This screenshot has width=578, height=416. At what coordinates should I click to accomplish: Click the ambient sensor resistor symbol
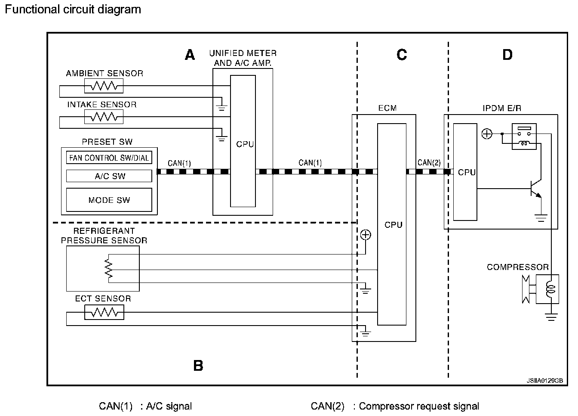click(x=104, y=86)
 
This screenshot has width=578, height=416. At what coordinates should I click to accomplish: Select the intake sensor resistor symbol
click(x=104, y=117)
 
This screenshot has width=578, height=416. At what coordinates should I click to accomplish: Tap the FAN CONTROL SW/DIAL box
click(x=109, y=158)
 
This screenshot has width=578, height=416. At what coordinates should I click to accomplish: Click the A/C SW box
click(x=109, y=176)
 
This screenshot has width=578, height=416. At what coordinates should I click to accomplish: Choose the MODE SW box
click(x=109, y=200)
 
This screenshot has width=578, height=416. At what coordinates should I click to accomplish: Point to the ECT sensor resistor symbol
click(x=104, y=312)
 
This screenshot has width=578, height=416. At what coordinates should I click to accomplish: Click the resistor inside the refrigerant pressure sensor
click(x=109, y=269)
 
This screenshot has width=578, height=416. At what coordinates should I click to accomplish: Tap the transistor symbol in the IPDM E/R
click(x=536, y=189)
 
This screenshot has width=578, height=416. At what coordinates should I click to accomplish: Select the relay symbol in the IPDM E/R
click(x=524, y=137)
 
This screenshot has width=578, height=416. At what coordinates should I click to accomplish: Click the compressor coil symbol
click(x=550, y=289)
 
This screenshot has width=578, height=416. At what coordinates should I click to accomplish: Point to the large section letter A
click(x=190, y=55)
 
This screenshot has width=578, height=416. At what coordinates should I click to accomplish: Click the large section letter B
click(x=198, y=366)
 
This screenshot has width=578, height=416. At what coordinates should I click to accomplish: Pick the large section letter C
click(x=402, y=55)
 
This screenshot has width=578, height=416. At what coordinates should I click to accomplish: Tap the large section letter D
click(x=507, y=55)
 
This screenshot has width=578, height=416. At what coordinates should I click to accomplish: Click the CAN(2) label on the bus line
click(x=429, y=163)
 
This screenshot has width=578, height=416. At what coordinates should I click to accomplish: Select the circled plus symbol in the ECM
click(x=366, y=235)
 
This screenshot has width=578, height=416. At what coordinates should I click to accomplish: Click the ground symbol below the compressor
click(x=551, y=317)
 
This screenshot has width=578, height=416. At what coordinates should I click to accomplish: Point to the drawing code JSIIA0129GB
click(x=545, y=381)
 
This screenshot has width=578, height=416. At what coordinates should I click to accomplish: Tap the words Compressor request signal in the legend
click(x=419, y=406)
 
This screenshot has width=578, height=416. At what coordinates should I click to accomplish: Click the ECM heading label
click(x=387, y=108)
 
